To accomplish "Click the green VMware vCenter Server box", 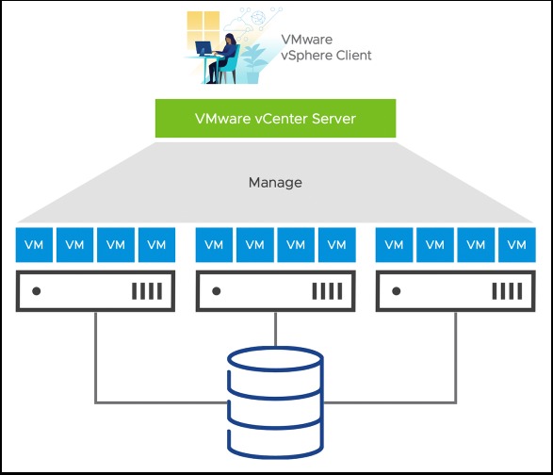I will pos(275,119).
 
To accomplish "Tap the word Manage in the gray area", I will pos(275,182).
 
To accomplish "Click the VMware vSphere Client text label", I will pos(326,47).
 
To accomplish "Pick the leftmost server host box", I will pos(95,292).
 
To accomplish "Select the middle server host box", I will pos(275,292).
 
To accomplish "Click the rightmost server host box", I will pos(456,292).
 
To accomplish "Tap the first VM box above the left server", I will pos(33,245).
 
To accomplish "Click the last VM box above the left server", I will pos(156,245).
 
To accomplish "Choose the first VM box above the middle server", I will pos(214,245).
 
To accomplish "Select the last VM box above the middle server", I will pos(336,245).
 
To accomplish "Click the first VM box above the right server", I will pos(394,245).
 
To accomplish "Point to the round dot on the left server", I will pos(37,292).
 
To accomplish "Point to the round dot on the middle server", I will pos(217,292).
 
